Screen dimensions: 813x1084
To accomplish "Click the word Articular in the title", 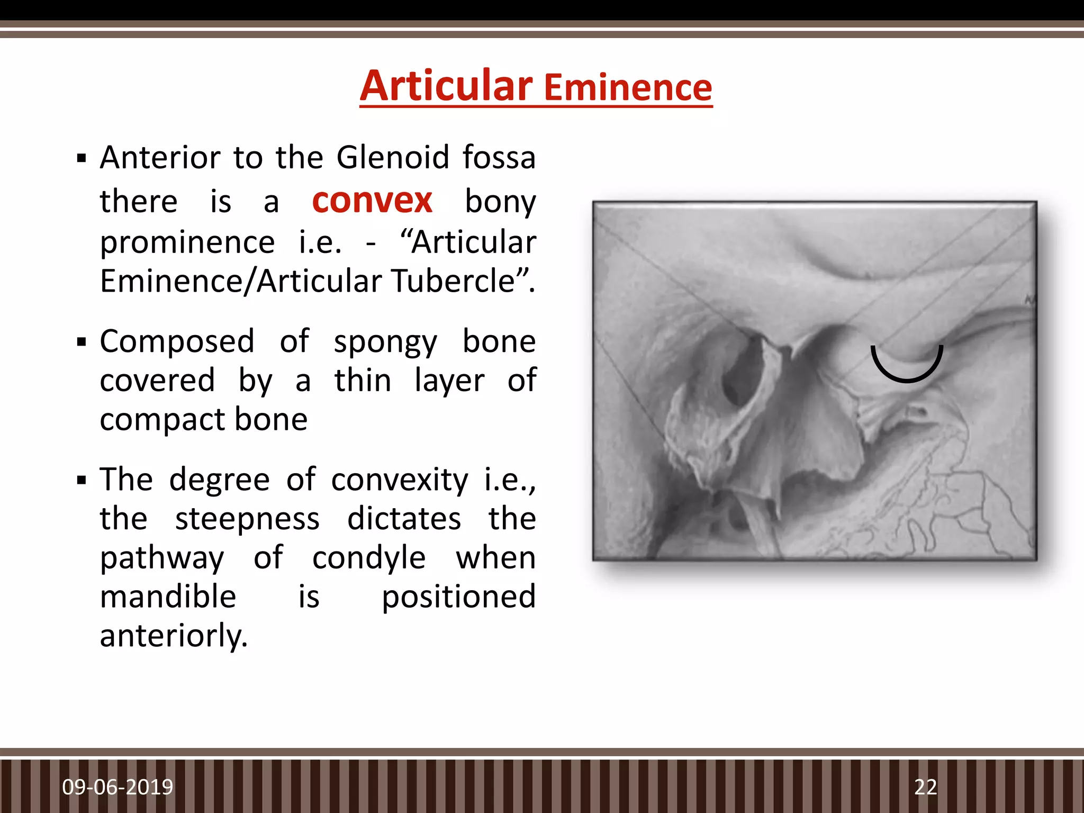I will tap(446, 86).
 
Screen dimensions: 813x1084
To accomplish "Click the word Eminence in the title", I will tap(628, 88).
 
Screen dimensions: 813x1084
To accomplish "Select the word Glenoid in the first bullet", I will tap(393, 158).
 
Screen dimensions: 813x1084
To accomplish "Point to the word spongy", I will tap(385, 342).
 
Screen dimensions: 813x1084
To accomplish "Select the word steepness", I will tap(247, 519).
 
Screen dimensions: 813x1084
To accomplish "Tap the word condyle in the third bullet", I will tap(368, 558).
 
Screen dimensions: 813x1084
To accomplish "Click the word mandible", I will tap(168, 597).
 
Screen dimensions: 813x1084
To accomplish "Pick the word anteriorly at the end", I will tap(174, 636).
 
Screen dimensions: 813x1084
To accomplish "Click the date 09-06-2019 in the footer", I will tap(118, 787).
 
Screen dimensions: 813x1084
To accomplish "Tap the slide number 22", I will tap(925, 787).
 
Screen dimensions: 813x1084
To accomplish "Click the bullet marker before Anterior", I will tap(81, 158).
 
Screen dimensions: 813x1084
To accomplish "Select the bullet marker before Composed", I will tap(81, 342).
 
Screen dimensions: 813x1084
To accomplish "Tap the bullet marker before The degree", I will tap(81, 481).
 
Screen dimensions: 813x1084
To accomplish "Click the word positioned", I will tap(458, 597).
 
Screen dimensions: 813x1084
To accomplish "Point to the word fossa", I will tap(499, 158).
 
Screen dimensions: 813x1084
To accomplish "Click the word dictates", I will tap(404, 519).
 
